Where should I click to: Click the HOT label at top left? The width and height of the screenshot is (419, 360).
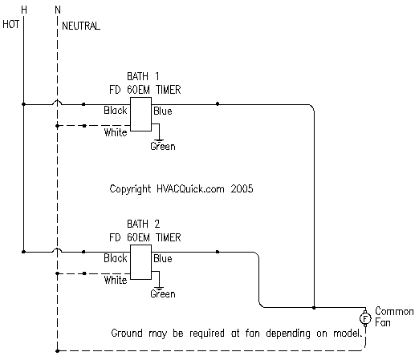tap(10, 24)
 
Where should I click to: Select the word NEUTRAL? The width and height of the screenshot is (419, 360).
tap(81, 26)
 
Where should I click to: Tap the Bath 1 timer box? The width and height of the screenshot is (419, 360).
tap(140, 114)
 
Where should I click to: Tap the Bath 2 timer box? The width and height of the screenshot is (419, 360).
tap(140, 262)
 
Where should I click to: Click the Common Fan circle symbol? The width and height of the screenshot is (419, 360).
tap(365, 318)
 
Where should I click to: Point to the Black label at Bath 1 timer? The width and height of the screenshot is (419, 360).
tap(116, 110)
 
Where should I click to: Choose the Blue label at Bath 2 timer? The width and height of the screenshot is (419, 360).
tap(163, 258)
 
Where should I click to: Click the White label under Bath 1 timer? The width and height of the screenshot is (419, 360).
tap(116, 132)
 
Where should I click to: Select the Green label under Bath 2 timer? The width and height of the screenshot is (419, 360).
tap(163, 293)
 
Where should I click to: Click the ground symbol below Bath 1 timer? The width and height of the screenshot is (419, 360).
tap(159, 140)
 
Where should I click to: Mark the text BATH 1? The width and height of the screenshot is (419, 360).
tap(143, 76)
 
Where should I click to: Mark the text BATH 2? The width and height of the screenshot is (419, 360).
tap(144, 224)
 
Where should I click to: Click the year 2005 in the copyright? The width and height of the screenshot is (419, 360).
tap(242, 188)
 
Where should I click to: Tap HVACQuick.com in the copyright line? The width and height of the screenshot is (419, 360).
tap(190, 188)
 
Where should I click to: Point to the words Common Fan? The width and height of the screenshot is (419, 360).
tap(394, 317)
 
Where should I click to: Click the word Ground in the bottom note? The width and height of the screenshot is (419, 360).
tap(127, 333)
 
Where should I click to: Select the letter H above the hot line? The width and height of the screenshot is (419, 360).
tap(24, 10)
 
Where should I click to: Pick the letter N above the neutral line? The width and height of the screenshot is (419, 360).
tap(58, 10)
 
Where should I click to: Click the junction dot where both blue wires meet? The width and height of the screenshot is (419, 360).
tap(314, 308)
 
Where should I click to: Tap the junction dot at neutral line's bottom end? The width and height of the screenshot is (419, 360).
tap(58, 351)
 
